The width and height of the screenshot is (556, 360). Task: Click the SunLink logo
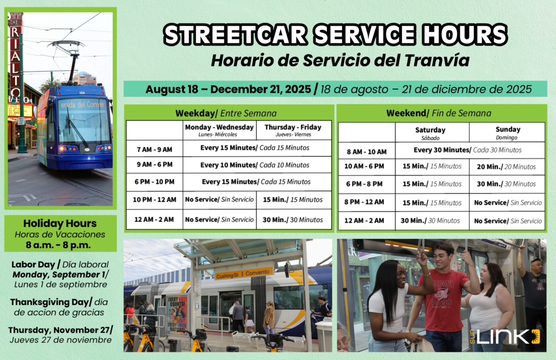coord(504,337)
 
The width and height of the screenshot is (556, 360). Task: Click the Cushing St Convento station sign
coord(244,274)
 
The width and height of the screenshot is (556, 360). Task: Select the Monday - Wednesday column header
coord(219,130)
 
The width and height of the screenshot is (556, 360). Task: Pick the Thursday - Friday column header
coord(293,130)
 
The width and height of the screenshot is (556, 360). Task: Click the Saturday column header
coord(430,133)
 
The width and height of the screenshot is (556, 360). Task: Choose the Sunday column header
coord(508,132)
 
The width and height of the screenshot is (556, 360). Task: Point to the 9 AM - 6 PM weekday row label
coord(155,165)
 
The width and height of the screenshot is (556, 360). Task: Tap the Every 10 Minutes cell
coord(255,165)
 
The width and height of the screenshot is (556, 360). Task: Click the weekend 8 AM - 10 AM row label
coord(367,152)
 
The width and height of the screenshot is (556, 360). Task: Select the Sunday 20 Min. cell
coord(506,167)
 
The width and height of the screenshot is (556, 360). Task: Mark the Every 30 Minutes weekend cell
coord(467,150)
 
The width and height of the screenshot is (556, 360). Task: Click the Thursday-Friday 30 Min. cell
coord(293,220)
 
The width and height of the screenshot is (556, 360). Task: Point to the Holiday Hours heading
coord(60,224)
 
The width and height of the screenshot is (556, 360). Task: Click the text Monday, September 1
coord(60,275)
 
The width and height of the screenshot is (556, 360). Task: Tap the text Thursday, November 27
coord(60,330)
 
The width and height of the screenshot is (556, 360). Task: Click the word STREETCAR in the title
coord(236,35)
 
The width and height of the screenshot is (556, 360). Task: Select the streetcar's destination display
coord(82,104)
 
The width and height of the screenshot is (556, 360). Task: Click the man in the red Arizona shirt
coord(441,296)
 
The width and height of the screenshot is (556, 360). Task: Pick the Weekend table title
coord(439,113)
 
